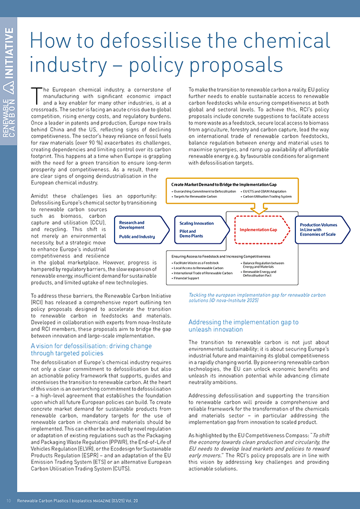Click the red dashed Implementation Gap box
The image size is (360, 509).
point(258,230)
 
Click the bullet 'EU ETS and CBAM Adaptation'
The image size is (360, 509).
point(265,191)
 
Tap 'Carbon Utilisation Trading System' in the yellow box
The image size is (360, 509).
point(268,196)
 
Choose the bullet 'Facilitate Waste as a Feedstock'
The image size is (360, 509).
point(197,263)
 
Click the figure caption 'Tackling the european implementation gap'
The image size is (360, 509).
point(257,295)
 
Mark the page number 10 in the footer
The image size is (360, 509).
point(8,500)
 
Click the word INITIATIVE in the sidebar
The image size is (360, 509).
point(9,52)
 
